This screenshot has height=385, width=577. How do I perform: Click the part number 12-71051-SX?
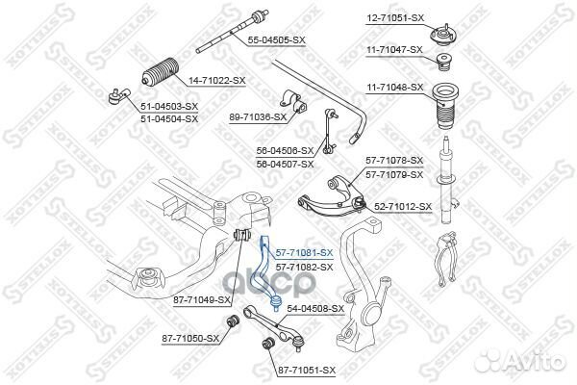point(389,17)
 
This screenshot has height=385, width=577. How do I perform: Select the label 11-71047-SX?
point(394,49)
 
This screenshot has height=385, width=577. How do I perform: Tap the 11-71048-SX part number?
point(394,88)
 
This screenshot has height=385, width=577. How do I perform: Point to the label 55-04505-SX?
point(276,39)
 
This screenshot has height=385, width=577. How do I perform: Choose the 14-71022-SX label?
point(216,80)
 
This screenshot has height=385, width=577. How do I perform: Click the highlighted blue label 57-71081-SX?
point(304,253)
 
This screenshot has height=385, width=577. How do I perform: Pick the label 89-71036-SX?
point(258,117)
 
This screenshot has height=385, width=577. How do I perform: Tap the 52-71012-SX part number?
point(403,207)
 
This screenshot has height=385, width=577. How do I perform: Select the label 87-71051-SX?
point(307,370)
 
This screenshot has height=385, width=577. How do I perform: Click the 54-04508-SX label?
point(315,308)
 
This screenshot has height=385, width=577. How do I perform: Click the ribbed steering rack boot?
point(161,72)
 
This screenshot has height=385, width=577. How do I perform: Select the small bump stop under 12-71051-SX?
point(443,63)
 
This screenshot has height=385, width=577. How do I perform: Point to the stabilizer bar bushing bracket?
point(292,102)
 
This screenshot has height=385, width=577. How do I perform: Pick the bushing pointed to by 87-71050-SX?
point(232,321)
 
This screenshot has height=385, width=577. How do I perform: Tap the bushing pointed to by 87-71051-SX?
point(267,344)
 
